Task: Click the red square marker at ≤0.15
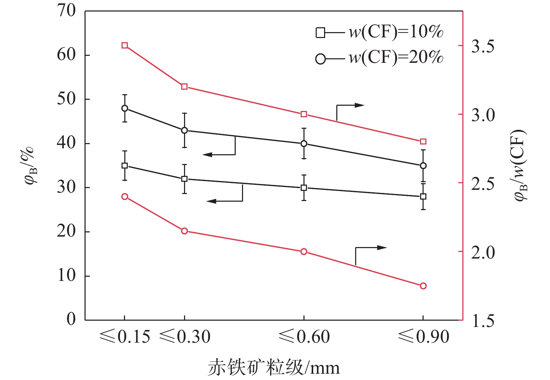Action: tap(125, 45)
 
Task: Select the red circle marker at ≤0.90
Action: tap(423, 286)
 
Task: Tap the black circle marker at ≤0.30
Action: tap(184, 131)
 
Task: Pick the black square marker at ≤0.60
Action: tap(304, 188)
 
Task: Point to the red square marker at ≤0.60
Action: tap(304, 114)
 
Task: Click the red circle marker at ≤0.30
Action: tap(184, 231)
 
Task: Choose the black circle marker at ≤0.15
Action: tap(125, 108)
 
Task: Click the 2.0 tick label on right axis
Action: tap(483, 252)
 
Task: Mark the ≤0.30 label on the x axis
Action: tap(185, 337)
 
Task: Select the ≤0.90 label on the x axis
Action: tap(423, 337)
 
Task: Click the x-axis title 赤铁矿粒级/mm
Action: tap(274, 368)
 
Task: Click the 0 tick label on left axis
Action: tap(71, 319)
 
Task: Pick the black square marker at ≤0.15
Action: tap(125, 165)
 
